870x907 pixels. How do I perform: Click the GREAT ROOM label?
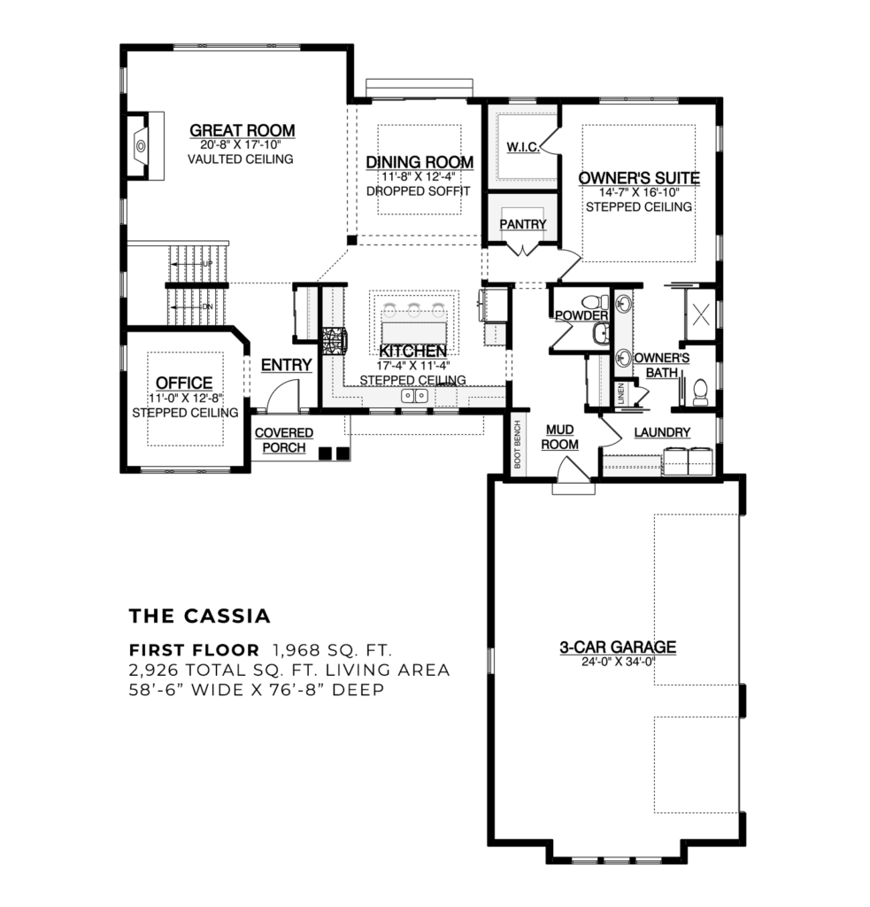pyautogui.click(x=242, y=131)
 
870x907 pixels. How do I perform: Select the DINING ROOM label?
pyautogui.click(x=419, y=162)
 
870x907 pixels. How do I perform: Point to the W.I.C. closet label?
pyautogui.click(x=522, y=146)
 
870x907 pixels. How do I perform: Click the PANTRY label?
pyautogui.click(x=522, y=224)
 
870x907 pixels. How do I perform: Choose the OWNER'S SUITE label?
pyautogui.click(x=638, y=178)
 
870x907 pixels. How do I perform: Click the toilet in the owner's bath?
pyautogui.click(x=700, y=390)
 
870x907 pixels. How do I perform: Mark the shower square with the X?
pyautogui.click(x=704, y=314)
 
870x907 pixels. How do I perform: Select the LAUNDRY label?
pyautogui.click(x=662, y=431)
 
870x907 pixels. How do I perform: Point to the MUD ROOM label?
pyautogui.click(x=559, y=435)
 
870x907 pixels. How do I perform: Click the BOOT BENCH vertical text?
pyautogui.click(x=519, y=443)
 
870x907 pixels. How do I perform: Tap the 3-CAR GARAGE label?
pyautogui.click(x=617, y=647)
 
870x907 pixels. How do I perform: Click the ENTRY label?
pyautogui.click(x=286, y=365)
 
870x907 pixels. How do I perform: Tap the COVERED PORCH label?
pyautogui.click(x=284, y=439)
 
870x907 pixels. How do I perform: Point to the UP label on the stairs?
pyautogui.click(x=207, y=264)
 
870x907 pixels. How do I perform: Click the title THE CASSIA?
pyautogui.click(x=199, y=615)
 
